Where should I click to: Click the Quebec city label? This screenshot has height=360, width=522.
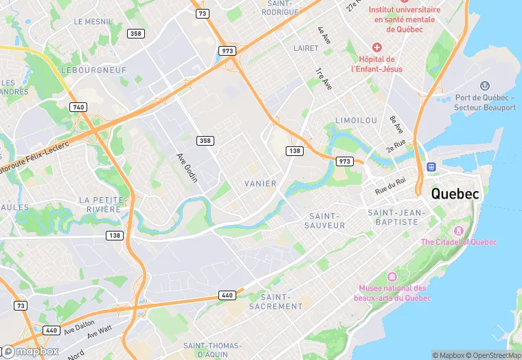click(455, 194)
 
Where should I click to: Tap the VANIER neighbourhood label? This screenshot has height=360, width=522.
click(260, 183)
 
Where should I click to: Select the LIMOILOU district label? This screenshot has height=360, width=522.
click(356, 120)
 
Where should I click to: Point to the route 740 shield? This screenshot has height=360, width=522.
click(78, 107)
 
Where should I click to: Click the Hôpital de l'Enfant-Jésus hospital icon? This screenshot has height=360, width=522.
click(376, 47)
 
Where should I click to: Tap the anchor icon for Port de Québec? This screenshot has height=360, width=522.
click(485, 86)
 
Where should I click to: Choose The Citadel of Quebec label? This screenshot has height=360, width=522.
click(458, 242)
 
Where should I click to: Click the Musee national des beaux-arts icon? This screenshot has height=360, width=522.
click(391, 276)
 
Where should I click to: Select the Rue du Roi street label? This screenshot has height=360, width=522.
click(390, 185)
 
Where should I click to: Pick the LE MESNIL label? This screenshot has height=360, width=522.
click(92, 22)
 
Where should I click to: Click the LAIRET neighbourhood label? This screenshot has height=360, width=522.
click(306, 48)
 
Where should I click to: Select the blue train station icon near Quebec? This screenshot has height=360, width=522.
click(432, 167)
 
